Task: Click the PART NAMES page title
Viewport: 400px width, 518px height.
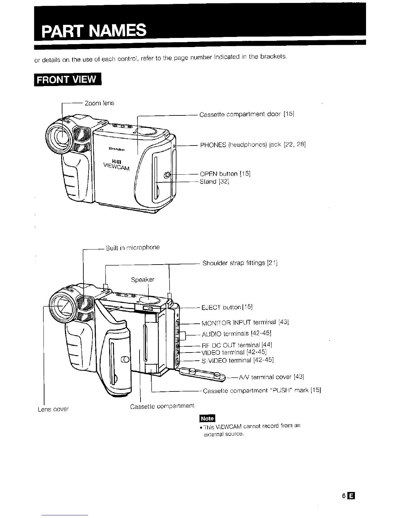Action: (93, 31)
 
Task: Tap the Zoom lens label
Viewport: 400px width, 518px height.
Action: (99, 103)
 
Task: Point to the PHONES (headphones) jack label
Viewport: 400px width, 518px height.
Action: (253, 145)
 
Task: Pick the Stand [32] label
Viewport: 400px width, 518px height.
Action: (214, 181)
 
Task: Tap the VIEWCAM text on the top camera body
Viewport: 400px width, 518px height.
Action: (117, 166)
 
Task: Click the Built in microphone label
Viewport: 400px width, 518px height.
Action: (133, 248)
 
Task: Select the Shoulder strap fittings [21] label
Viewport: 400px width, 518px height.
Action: (240, 263)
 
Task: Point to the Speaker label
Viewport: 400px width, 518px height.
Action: (142, 280)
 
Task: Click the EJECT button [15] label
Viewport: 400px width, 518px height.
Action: (227, 307)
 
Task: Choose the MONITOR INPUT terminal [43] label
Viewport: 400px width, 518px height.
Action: (245, 323)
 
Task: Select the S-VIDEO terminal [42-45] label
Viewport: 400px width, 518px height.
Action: (238, 360)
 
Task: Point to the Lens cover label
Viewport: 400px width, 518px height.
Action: (53, 409)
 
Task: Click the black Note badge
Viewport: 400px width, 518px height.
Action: (207, 418)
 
